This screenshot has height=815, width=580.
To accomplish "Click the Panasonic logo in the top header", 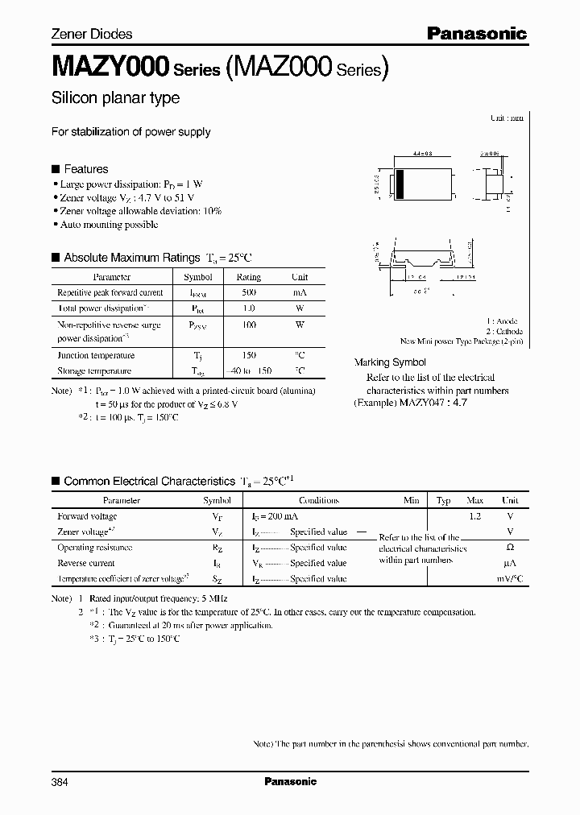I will [x=476, y=34].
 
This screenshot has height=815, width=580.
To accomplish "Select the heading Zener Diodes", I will [x=92, y=34].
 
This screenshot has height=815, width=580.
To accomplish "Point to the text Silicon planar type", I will [x=115, y=98].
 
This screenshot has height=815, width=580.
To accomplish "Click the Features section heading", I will [x=85, y=169].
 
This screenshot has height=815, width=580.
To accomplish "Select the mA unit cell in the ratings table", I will [x=299, y=293].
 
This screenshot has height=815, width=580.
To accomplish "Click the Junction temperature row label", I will [x=96, y=355].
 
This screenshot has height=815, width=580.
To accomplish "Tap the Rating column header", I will [x=248, y=277].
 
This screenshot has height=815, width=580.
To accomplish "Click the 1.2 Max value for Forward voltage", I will [x=474, y=516].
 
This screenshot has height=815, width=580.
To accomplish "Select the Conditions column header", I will [x=318, y=500].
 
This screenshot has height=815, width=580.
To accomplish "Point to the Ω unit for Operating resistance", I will [x=509, y=548].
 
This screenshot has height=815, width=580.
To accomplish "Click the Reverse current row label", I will [x=86, y=563].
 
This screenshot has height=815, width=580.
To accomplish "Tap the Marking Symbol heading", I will [x=390, y=362].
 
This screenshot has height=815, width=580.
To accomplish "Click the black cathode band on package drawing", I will [x=397, y=185].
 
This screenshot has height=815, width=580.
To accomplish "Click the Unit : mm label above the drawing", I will [x=507, y=118].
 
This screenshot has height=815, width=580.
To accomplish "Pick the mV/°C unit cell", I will [x=509, y=578].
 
